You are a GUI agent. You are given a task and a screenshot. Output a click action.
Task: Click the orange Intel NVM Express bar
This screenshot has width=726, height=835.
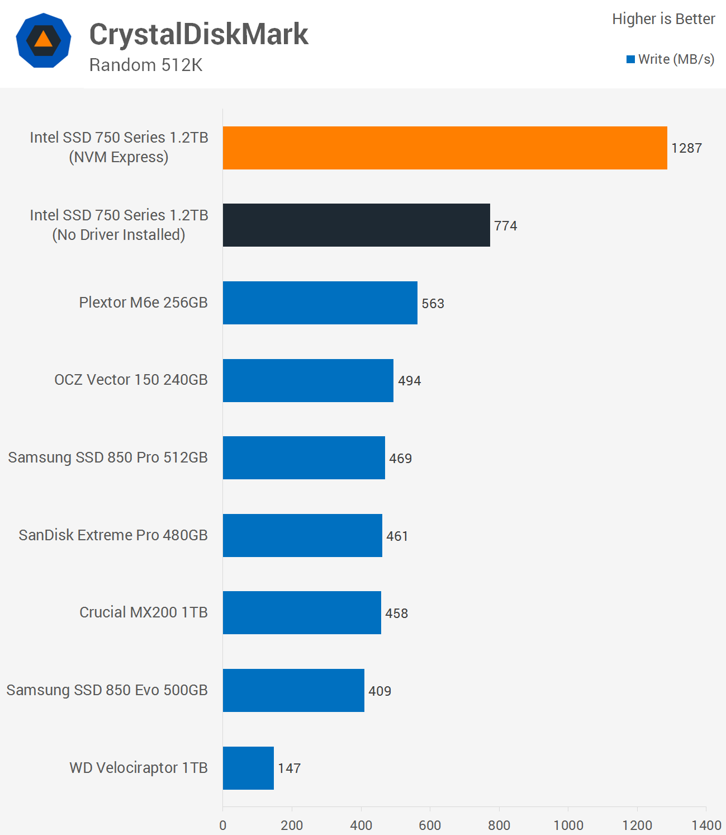(x=445, y=148)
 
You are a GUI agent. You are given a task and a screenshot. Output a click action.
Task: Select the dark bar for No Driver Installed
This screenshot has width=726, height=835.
(x=357, y=225)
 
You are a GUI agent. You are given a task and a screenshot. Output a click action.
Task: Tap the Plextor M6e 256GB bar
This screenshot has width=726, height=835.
(x=320, y=303)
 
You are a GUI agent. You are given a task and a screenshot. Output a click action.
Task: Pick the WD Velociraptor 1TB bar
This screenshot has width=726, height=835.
(x=248, y=768)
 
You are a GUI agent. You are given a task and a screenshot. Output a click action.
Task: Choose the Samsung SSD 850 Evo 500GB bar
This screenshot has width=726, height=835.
(x=293, y=690)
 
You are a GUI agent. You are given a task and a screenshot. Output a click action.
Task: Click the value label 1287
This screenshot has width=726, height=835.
(x=687, y=148)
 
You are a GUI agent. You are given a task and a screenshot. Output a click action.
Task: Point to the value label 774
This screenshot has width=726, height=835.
(x=506, y=226)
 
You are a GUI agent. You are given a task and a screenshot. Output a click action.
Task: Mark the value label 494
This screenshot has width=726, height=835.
(x=410, y=381)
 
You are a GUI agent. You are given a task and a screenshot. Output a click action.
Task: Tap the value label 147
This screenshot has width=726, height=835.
(x=289, y=768)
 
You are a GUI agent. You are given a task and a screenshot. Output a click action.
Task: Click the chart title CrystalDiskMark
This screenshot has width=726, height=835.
(x=198, y=34)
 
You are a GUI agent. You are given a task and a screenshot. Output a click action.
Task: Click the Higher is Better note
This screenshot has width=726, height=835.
(x=663, y=19)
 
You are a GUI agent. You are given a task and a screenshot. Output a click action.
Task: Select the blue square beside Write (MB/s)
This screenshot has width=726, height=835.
(x=630, y=60)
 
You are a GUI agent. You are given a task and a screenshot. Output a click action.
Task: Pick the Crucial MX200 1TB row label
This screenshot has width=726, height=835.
(x=144, y=612)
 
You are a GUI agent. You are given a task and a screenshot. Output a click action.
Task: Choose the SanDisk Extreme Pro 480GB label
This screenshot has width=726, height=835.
(x=113, y=535)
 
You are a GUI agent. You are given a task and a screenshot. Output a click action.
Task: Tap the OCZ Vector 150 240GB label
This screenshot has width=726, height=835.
(x=131, y=380)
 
